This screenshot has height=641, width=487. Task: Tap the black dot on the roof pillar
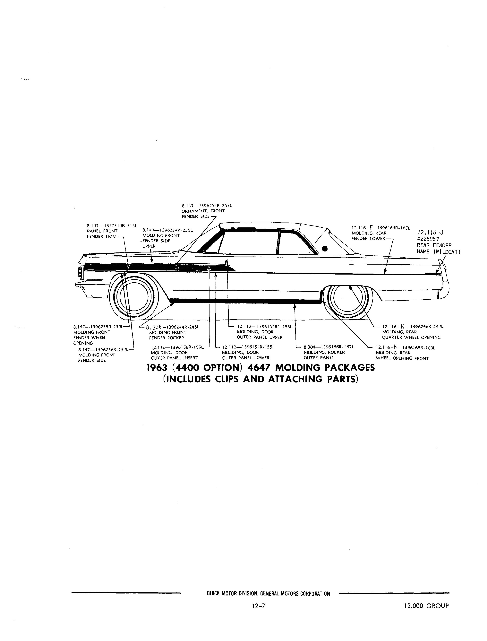click(x=325, y=248)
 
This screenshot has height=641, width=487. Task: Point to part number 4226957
click(x=428, y=239)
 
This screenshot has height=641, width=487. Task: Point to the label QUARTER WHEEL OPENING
click(x=411, y=337)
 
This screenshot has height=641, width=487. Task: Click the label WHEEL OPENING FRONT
click(x=402, y=358)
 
